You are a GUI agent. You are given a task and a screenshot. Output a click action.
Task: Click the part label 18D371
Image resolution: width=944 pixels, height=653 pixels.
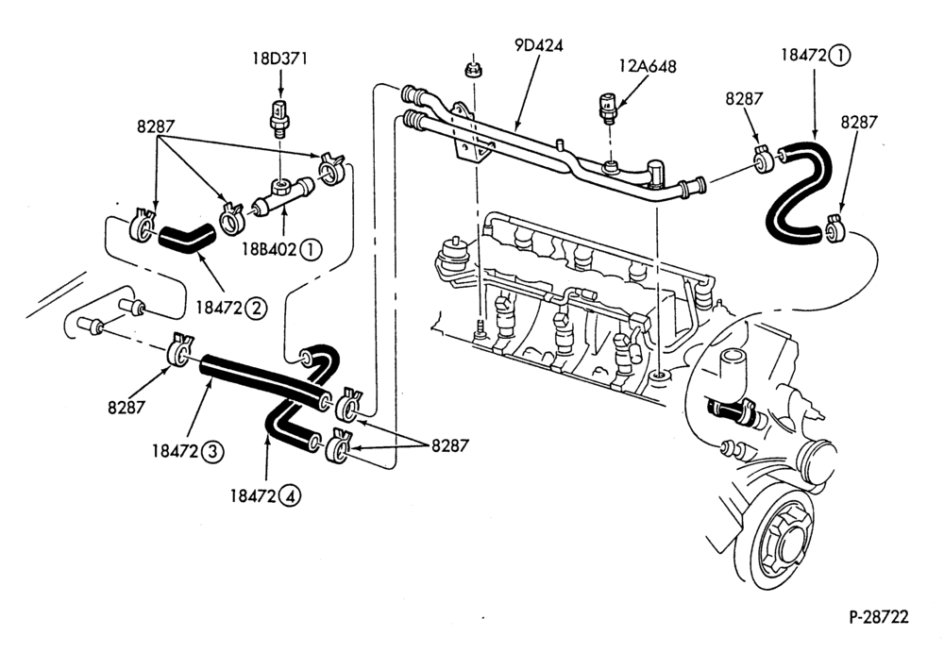pos(279,59)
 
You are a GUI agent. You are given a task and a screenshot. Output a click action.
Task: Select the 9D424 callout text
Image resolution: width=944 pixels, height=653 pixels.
pos(538,45)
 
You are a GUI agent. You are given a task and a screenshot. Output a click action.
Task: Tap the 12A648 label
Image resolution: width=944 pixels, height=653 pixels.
pos(648,66)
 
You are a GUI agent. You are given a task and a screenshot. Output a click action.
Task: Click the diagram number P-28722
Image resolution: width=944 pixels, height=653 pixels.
pos(878,617)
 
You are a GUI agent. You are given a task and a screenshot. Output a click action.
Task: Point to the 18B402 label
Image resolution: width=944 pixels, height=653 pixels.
pos(270,248)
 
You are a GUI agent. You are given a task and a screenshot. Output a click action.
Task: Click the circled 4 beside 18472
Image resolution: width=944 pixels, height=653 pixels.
pos(290,496)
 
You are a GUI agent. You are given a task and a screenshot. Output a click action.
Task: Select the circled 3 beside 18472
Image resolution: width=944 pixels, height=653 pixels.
pos(212,451)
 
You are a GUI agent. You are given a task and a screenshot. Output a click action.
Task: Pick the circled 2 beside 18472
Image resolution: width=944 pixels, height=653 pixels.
pos(256,309)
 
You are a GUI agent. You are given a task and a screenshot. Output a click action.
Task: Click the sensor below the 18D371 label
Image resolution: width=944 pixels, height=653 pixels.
pos(278,117)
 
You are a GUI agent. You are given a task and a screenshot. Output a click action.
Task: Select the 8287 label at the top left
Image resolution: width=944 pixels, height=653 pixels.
pos(156,126)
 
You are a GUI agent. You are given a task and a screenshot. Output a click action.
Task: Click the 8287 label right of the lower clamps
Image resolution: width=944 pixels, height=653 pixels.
pos(449,445)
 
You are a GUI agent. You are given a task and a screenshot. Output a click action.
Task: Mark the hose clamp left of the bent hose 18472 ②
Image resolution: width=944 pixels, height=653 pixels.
pos(143,226)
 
